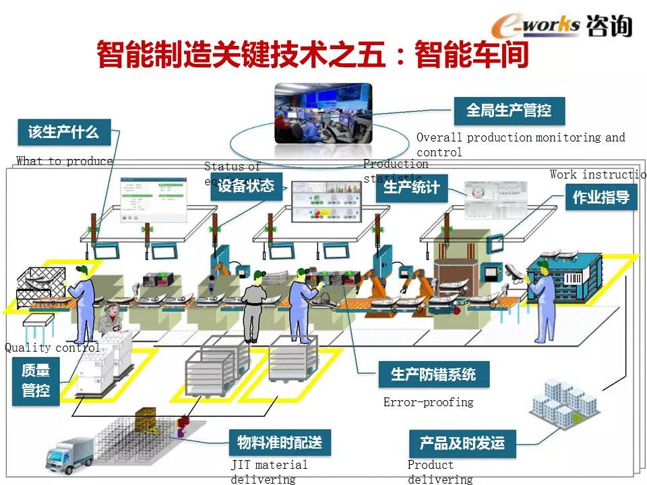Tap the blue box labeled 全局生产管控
click(509, 110)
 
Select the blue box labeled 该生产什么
click(63, 132)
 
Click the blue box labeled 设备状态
click(246, 187)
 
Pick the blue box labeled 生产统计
click(411, 187)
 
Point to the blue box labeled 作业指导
click(600, 197)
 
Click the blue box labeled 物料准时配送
click(280, 443)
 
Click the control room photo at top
click(323, 112)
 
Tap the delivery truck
click(68, 455)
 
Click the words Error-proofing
click(428, 402)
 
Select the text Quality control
click(52, 348)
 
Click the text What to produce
click(65, 161)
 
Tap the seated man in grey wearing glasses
click(110, 322)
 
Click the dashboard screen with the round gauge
click(493, 199)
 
